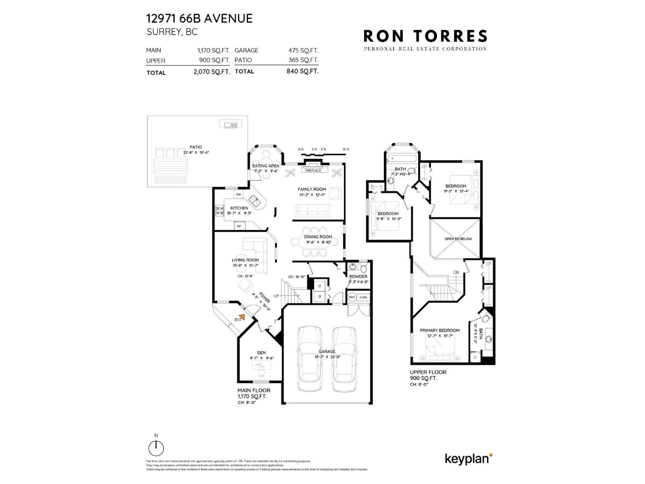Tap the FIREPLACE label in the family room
point(313,170)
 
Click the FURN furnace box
point(363,297)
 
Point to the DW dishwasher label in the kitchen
point(238,194)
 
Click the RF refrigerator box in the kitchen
point(239,226)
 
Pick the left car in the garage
point(310,359)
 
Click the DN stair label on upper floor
point(456,272)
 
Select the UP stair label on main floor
point(276,296)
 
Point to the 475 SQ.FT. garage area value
point(303,50)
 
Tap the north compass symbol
point(156,448)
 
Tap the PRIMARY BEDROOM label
point(439,330)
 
